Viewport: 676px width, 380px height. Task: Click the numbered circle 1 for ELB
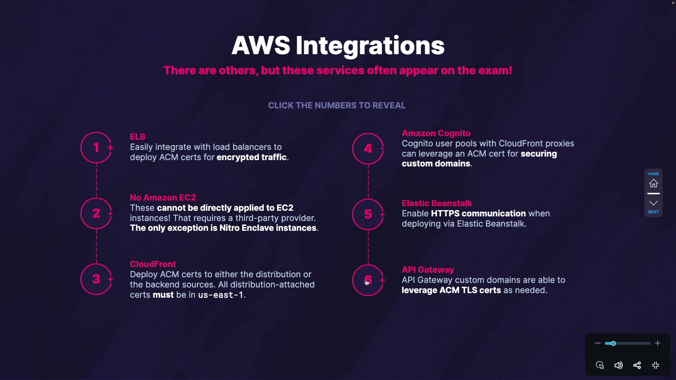(96, 147)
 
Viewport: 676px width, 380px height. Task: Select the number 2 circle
(96, 213)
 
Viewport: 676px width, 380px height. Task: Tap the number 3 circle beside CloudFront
(96, 279)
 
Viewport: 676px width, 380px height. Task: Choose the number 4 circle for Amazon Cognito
(368, 148)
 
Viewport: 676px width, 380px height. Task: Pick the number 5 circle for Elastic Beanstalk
(368, 214)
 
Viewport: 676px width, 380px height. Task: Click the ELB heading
(138, 137)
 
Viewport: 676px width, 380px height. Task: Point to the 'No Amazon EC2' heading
(163, 197)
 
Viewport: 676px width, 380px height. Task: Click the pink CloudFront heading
(153, 264)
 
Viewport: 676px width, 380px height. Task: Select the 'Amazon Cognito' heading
(436, 133)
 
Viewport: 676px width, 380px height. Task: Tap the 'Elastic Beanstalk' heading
(437, 203)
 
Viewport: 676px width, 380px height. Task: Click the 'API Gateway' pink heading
(428, 270)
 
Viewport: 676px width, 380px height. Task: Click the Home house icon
(653, 183)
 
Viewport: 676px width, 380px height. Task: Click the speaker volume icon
(619, 365)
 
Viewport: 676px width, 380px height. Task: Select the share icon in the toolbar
(637, 365)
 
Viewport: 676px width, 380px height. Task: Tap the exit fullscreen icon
(656, 365)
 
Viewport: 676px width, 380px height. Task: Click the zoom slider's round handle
(613, 343)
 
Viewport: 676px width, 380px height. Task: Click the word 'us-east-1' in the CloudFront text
(221, 295)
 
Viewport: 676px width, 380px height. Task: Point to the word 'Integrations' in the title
(370, 46)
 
